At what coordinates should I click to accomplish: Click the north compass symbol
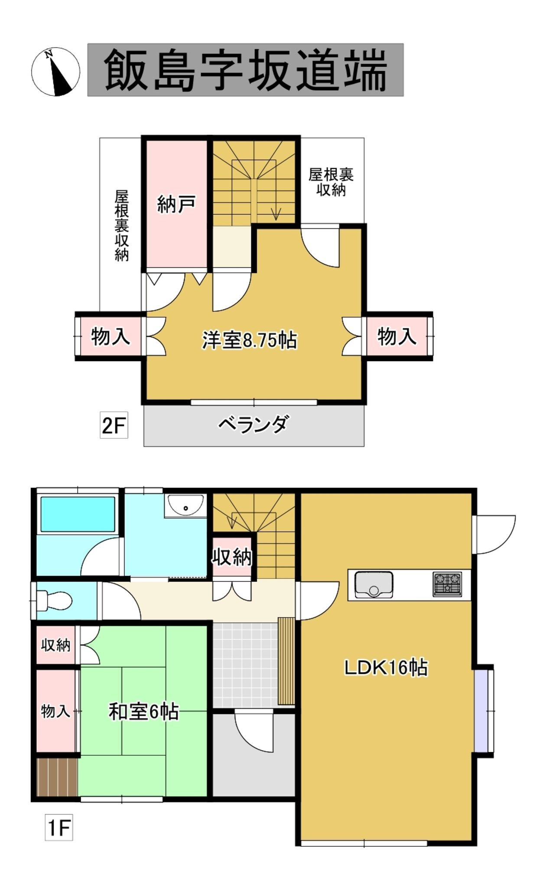pyautogui.click(x=55, y=72)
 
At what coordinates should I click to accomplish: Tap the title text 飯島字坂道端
pyautogui.click(x=245, y=70)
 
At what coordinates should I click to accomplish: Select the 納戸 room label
pyautogui.click(x=176, y=204)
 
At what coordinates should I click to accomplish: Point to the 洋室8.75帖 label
pyautogui.click(x=250, y=340)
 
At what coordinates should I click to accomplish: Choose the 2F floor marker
pyautogui.click(x=114, y=425)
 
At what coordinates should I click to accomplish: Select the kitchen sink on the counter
pyautogui.click(x=374, y=584)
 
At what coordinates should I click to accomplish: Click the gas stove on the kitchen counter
pyautogui.click(x=447, y=584)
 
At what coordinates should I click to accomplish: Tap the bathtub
pyautogui.click(x=78, y=514)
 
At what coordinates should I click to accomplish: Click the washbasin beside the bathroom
pyautogui.click(x=185, y=505)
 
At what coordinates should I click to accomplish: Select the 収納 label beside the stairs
pyautogui.click(x=232, y=557)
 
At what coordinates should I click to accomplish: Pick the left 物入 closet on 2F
pyautogui.click(x=111, y=336)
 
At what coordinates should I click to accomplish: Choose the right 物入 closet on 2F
pyautogui.click(x=397, y=336)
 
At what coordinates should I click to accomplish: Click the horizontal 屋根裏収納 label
pyautogui.click(x=331, y=182)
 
